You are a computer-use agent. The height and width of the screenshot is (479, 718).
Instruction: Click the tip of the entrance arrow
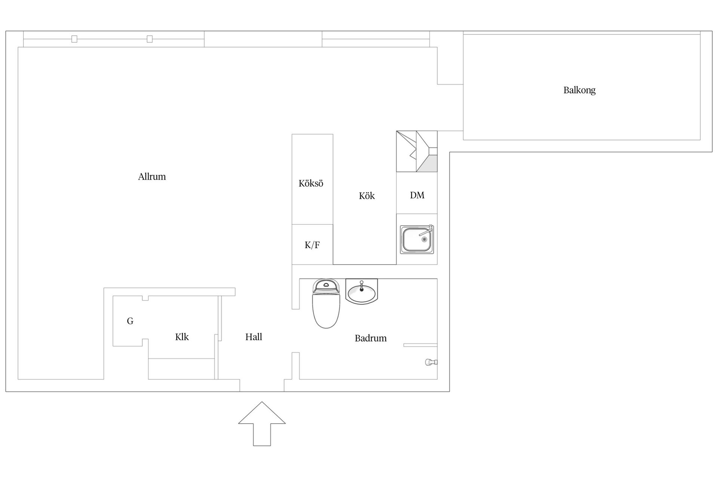pos(262,402)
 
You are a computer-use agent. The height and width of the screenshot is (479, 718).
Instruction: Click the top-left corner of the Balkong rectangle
pos(463,34)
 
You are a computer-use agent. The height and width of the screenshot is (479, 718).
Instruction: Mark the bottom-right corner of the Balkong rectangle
pos(700,140)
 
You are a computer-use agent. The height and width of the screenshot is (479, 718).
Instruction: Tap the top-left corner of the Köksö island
pos(292,134)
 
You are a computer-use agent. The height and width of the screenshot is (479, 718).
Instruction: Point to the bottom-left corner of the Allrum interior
pos(18,379)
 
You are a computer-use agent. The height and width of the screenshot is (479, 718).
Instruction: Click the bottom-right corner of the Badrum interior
pos(437,379)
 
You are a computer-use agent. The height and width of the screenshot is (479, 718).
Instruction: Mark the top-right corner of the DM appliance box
pos(437,172)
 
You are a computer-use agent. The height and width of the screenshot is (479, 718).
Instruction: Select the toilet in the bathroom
pos(326,303)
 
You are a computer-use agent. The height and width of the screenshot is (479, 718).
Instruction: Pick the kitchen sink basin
pos(417,239)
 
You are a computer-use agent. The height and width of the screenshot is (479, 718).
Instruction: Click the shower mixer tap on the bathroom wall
pos(431,362)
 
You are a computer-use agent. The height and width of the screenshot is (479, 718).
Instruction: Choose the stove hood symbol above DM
pos(417,151)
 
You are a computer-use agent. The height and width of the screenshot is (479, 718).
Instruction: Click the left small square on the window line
pos(74,39)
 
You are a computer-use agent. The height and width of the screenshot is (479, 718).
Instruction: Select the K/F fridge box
pos(312,245)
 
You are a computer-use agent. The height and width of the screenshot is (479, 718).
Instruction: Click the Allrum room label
pos(152,177)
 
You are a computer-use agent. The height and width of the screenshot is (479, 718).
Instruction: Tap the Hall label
pos(254,337)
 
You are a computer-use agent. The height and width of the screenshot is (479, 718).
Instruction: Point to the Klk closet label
pos(182,337)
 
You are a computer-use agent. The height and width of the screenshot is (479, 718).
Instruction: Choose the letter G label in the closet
pos(130,321)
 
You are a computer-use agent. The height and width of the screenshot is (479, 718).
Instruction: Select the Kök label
pos(366,196)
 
